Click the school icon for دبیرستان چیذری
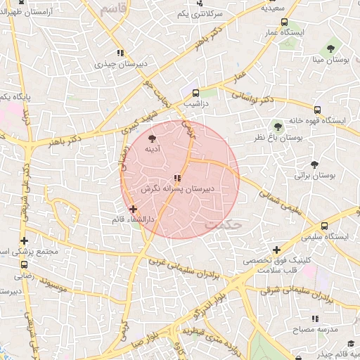(120, 52)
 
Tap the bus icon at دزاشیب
(195, 91)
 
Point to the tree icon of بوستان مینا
(330, 49)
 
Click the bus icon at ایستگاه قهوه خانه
(318, 110)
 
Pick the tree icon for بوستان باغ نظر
(278, 127)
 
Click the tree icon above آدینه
(153, 138)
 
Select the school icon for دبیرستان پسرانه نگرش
(177, 178)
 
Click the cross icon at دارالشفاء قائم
(133, 209)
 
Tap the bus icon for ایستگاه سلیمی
(324, 226)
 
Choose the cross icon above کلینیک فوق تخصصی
(277, 250)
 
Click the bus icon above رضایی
(25, 265)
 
